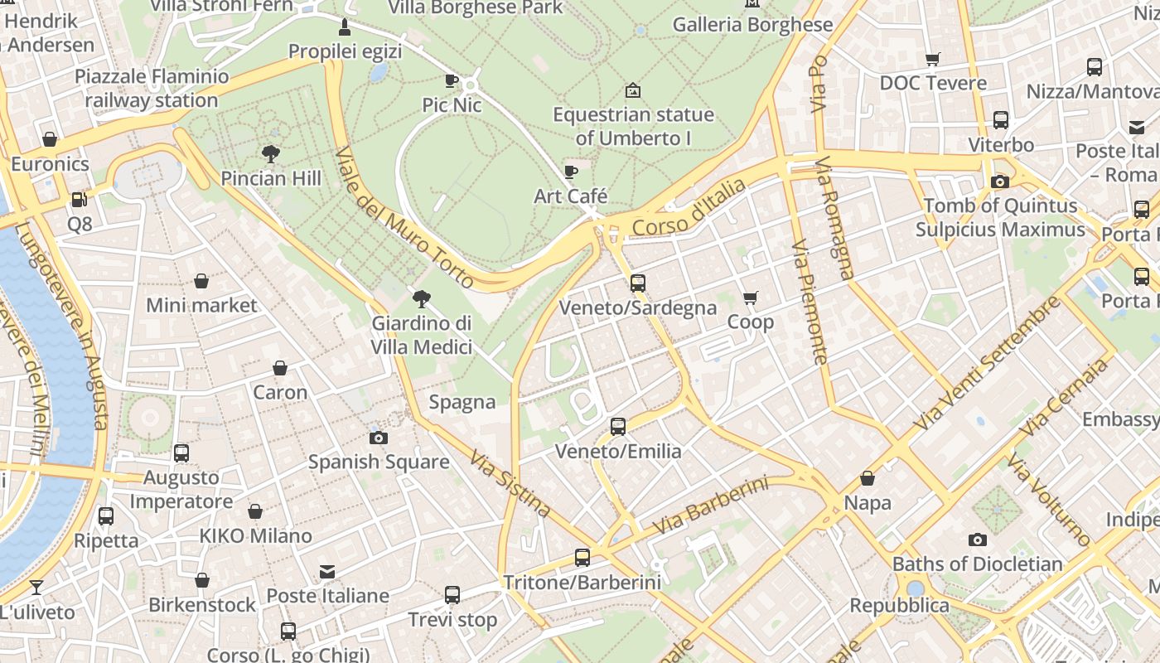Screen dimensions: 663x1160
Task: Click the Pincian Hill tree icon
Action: tap(270, 153)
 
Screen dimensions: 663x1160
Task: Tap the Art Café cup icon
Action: tap(571, 172)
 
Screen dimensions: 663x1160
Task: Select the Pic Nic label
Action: tap(452, 105)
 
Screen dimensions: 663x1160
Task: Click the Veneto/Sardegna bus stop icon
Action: tap(637, 283)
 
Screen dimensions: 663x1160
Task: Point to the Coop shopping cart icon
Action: tap(751, 298)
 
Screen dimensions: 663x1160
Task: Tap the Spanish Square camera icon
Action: tap(379, 438)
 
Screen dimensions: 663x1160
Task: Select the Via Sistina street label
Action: tap(510, 483)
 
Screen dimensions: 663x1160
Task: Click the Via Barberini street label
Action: tap(710, 505)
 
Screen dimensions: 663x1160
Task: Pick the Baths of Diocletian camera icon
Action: tap(978, 540)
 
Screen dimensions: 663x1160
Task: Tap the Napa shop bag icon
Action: tap(868, 478)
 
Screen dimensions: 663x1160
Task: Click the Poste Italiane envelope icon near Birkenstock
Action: tap(327, 572)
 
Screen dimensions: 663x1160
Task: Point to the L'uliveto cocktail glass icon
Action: tap(36, 588)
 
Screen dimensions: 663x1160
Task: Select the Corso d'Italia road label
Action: tap(689, 208)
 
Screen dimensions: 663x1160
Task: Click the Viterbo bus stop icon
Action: tap(1001, 120)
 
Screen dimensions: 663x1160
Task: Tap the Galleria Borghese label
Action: tap(752, 25)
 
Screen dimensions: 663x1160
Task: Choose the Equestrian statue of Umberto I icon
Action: tap(633, 90)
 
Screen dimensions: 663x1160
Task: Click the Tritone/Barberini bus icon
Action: tap(582, 558)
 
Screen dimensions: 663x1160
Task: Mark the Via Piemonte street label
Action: tap(810, 302)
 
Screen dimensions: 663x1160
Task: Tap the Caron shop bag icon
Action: tap(280, 368)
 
